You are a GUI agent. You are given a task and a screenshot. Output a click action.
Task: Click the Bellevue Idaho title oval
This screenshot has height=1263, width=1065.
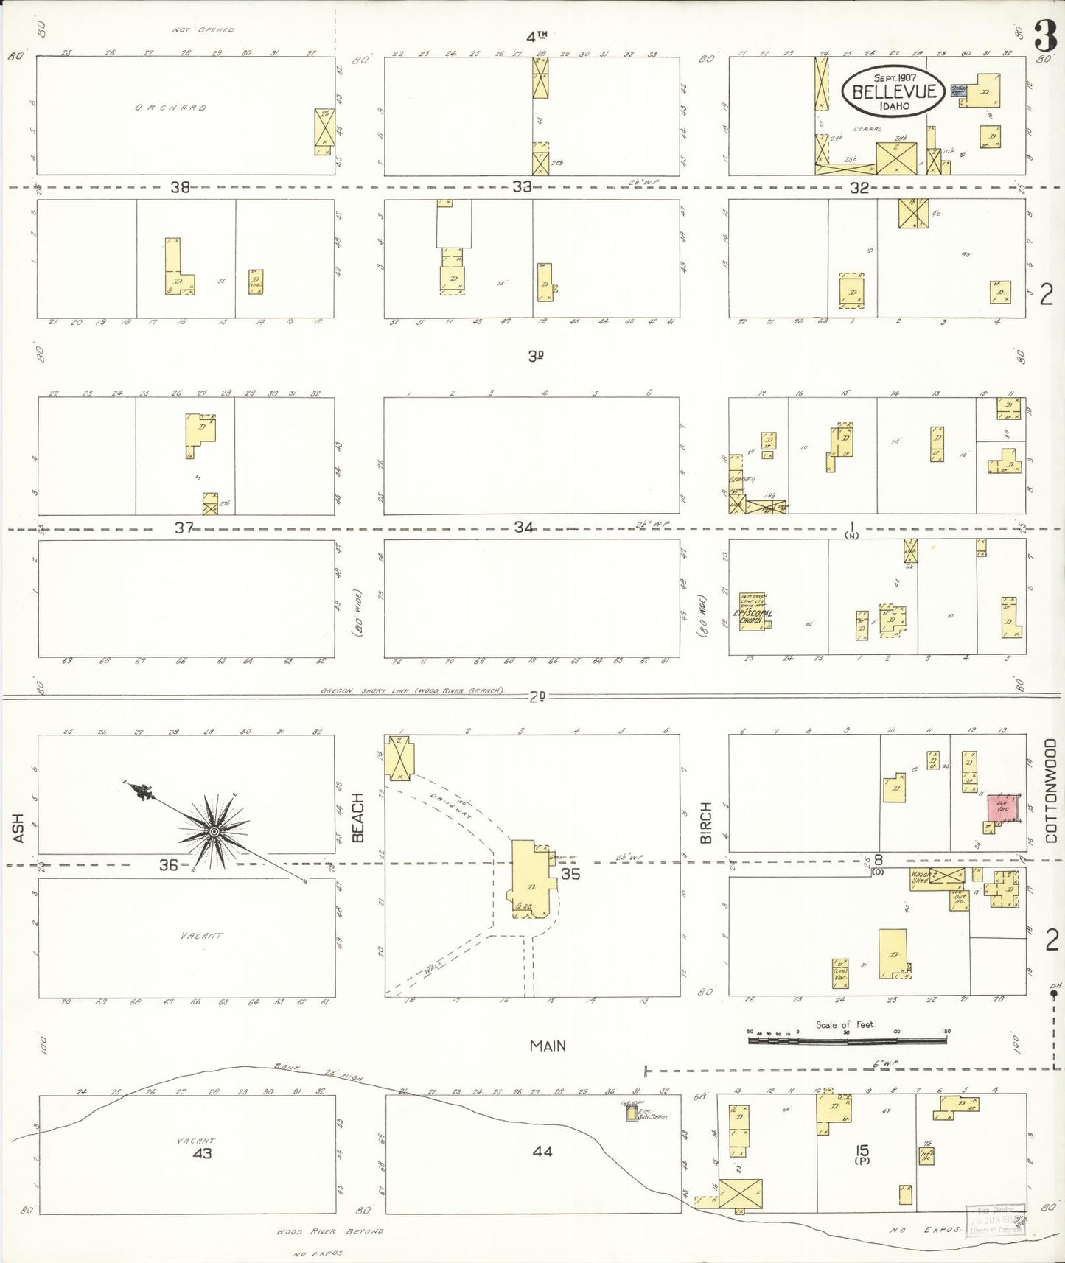894,91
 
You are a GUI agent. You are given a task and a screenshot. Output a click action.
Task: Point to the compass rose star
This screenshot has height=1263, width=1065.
214,831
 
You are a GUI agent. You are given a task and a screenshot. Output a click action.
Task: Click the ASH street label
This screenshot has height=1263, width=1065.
18,828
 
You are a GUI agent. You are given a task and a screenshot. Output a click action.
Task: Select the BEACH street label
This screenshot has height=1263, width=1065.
358,817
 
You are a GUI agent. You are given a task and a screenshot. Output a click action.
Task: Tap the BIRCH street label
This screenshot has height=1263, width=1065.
705,823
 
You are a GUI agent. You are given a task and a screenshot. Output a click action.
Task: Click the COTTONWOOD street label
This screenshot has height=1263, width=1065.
1051,791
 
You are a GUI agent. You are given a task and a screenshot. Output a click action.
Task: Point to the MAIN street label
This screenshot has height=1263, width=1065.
548,1045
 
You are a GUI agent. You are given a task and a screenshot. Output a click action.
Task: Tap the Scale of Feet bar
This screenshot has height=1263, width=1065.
848,1040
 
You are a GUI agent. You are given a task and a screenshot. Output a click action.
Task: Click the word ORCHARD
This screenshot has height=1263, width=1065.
170,108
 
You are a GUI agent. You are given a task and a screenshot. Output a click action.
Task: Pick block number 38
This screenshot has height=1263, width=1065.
180,187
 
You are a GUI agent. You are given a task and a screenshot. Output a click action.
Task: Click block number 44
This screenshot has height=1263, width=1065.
542,1151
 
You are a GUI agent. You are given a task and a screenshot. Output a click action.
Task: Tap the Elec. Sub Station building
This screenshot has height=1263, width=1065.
632,1114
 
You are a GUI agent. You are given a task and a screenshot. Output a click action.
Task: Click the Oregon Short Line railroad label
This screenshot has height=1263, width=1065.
411,691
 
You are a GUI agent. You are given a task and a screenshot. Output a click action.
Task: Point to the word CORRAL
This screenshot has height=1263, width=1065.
867,129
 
